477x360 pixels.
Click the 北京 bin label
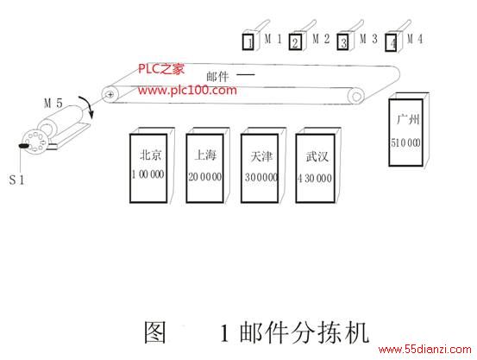point(150,155)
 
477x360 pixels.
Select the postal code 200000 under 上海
point(205,177)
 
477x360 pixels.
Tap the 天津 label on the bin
point(261,156)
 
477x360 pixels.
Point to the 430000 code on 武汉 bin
point(315,178)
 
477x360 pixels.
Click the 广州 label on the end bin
point(408,119)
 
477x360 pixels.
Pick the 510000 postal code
point(405,142)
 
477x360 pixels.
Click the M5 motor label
point(53,104)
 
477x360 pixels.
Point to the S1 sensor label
point(16,180)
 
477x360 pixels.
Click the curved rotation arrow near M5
point(88,107)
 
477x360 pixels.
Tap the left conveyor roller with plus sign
point(110,94)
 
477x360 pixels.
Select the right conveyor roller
point(356,97)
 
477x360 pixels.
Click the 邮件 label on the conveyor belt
point(217,77)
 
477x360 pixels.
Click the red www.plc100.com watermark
point(187,90)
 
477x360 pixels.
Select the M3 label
point(368,39)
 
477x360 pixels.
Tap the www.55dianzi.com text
point(425,349)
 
